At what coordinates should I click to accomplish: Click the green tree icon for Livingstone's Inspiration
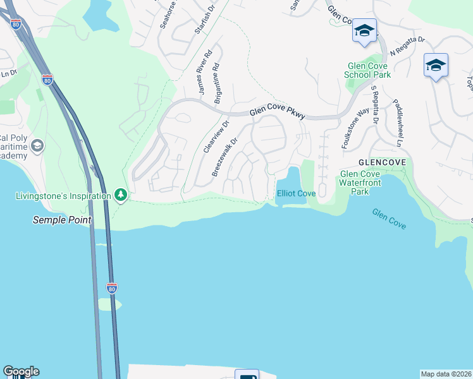tap(120, 195)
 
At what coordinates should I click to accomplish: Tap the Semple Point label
tap(62, 220)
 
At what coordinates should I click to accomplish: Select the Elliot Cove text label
tap(295, 193)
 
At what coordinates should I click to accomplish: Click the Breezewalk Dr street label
tap(224, 157)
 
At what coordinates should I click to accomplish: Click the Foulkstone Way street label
tap(355, 128)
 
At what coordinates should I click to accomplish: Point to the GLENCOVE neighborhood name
tap(381, 162)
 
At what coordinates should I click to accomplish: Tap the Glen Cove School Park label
tap(367, 70)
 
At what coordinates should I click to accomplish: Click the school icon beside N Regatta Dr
tap(436, 66)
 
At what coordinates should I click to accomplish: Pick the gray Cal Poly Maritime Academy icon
tap(37, 146)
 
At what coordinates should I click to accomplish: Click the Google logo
tap(21, 371)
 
